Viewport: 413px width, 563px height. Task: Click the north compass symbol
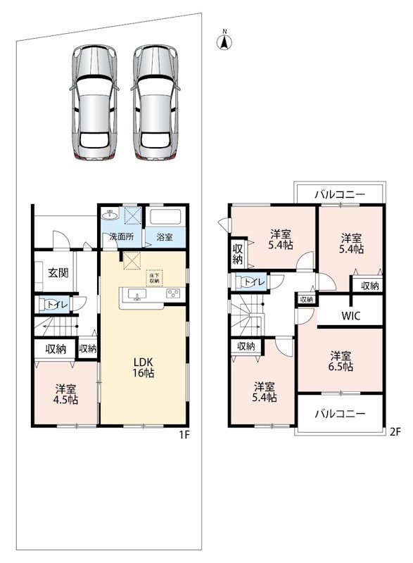tap(224, 41)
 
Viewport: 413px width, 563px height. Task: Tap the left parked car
tap(94, 102)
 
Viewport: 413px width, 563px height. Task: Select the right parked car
tap(155, 102)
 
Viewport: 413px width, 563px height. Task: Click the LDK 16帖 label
tap(144, 367)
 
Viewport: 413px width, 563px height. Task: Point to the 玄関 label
tap(58, 272)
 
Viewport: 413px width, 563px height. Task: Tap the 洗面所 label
tap(122, 237)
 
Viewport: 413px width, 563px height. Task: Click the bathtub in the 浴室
tap(165, 217)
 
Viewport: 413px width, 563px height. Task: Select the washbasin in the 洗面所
tap(110, 215)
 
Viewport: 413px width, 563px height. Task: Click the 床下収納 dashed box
tap(154, 278)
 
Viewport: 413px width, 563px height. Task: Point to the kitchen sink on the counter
tap(136, 294)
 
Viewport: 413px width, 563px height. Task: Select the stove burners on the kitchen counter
tap(173, 293)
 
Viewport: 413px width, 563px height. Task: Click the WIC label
tap(350, 316)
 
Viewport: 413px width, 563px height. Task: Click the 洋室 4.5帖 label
tap(65, 394)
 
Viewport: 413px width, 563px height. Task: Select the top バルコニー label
tap(340, 195)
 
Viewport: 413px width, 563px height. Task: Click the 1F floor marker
tap(184, 435)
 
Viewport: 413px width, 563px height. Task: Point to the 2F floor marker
tap(395, 432)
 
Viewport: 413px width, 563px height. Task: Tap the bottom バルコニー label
tap(340, 414)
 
